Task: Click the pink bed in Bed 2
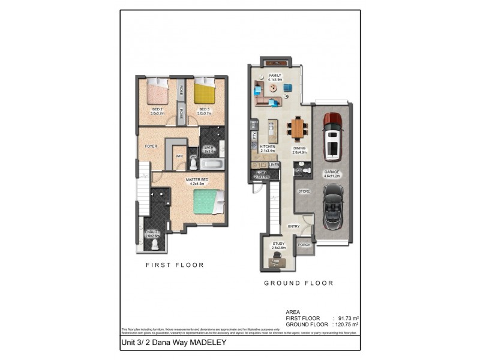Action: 158,94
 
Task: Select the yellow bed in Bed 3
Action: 205,94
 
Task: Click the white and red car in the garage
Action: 332,136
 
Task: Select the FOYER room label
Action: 151,146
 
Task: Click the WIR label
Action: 179,156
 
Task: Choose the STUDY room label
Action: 278,244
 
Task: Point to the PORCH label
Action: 304,245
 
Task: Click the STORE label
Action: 304,191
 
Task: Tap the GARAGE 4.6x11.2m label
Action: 332,173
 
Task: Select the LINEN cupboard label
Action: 274,164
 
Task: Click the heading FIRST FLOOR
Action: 175,265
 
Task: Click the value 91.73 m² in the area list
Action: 347,318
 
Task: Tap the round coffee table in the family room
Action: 274,88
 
